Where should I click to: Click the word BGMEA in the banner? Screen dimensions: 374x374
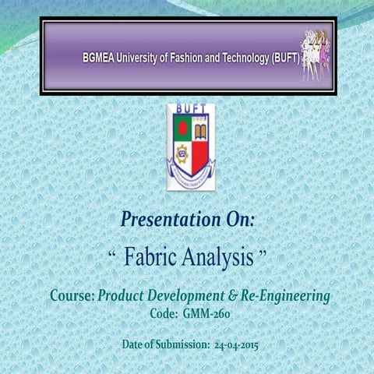coord(97,58)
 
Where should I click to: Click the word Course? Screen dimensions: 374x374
coord(72,296)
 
